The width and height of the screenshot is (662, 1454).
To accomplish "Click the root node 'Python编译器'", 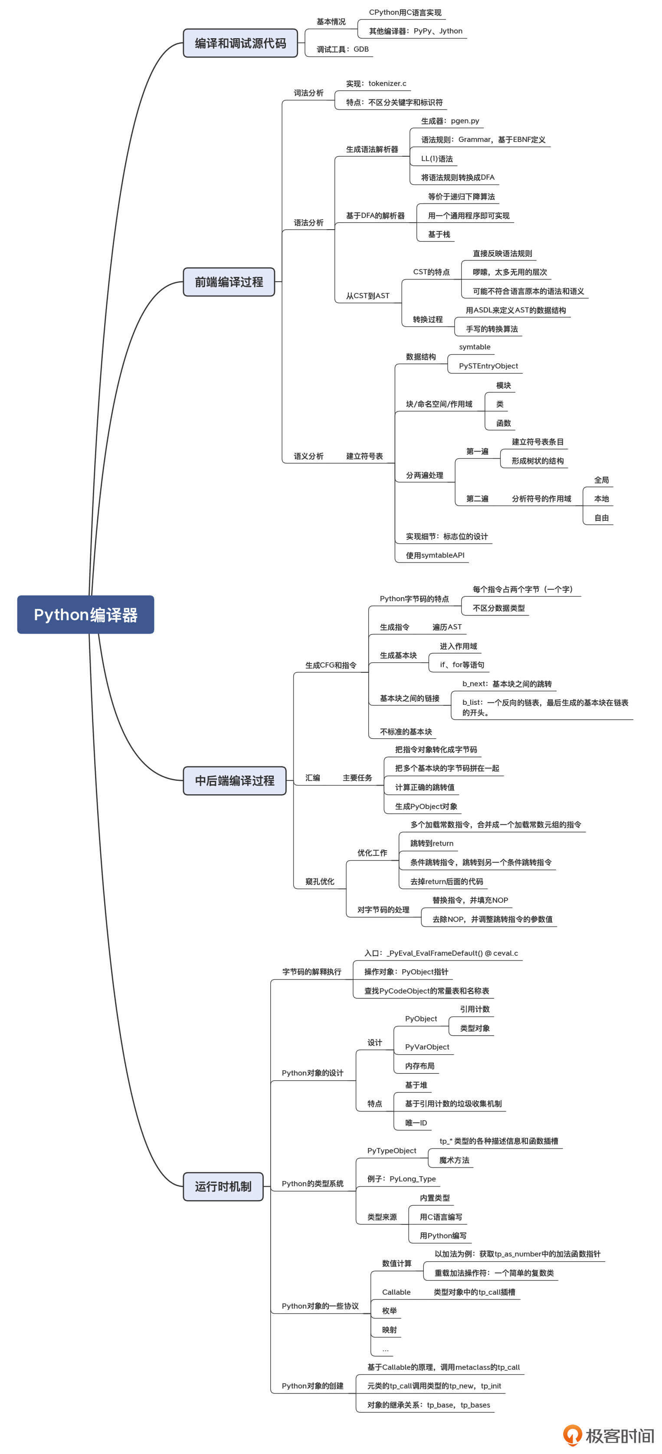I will coord(85,614).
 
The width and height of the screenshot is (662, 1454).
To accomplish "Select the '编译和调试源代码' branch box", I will coord(240,43).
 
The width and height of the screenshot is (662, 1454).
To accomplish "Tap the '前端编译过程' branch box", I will coord(229,282).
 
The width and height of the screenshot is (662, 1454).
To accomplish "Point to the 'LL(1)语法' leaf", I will coord(436,158).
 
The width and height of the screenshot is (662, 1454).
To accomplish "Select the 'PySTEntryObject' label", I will coord(488,366).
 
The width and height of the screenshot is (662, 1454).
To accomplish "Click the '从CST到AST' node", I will coord(367,296).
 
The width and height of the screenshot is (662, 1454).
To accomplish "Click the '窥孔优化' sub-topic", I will coord(319,881).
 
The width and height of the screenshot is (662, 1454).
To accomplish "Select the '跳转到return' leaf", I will coord(431,843).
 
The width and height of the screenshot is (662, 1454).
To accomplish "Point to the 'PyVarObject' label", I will coord(427,1046).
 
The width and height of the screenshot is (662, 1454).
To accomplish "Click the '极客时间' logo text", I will coord(619,1435).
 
